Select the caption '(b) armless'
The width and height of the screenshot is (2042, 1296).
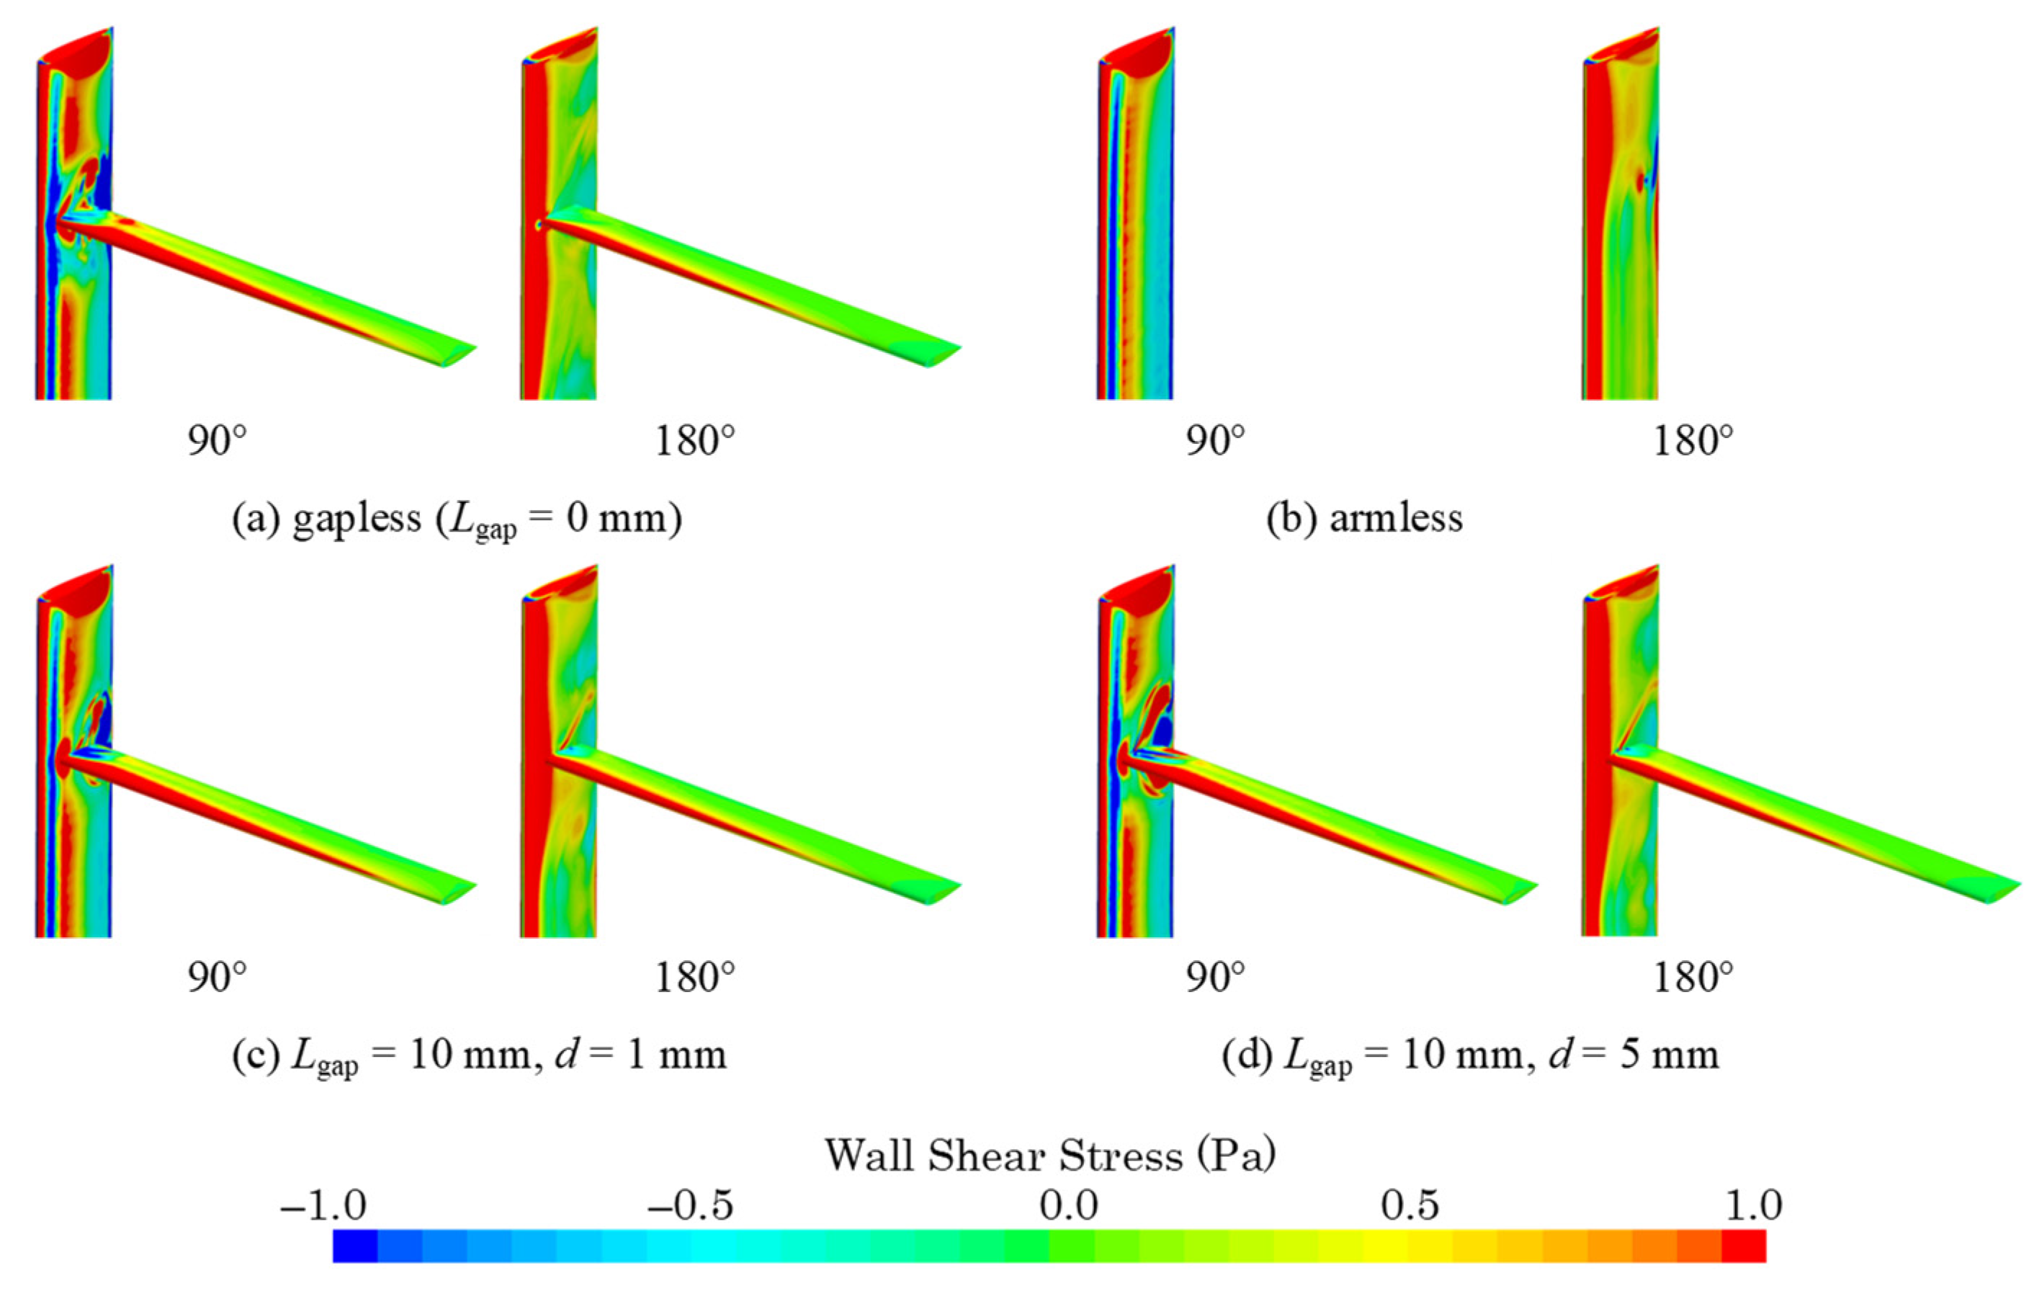[1364, 518]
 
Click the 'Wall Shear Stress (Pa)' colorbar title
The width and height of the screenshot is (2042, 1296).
[1051, 1156]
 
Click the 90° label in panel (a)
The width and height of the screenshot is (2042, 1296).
[217, 441]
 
